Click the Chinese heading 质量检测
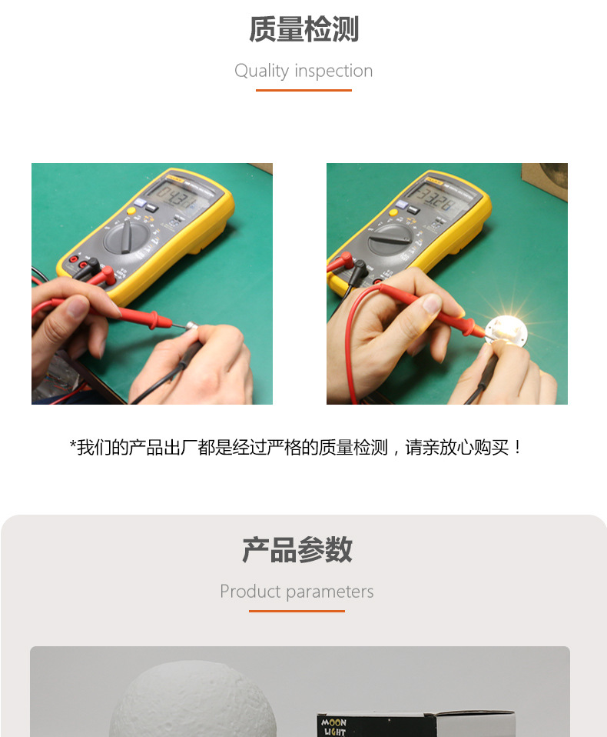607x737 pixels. pyautogui.click(x=303, y=30)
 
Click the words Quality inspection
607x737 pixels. pyautogui.click(x=303, y=71)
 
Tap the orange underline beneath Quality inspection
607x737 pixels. pyautogui.click(x=303, y=90)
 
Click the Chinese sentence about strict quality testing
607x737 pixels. pyautogui.click(x=297, y=448)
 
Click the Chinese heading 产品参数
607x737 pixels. pyautogui.click(x=297, y=550)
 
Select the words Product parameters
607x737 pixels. pyautogui.click(x=297, y=592)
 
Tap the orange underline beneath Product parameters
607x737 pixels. pyautogui.click(x=297, y=611)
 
